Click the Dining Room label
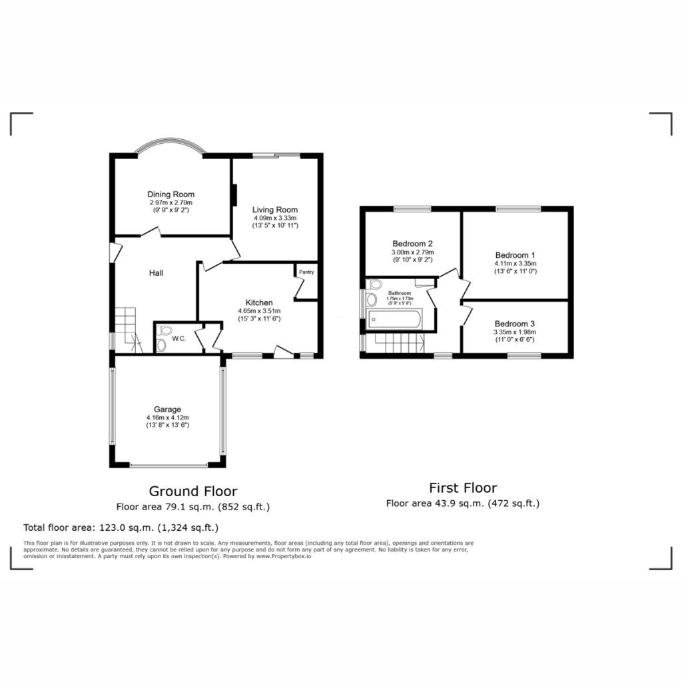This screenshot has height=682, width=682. click(171, 194)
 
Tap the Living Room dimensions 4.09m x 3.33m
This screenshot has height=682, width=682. click(274, 218)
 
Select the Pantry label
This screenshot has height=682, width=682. click(306, 272)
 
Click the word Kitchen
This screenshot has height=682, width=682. click(259, 302)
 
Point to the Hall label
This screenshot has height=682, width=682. click(156, 272)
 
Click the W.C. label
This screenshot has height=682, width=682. click(178, 338)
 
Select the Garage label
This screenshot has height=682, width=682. click(168, 410)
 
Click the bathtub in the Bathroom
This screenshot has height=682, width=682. click(394, 320)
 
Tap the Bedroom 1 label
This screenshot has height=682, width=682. click(515, 255)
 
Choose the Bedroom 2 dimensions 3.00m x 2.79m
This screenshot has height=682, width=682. click(413, 252)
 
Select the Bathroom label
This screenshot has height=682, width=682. click(400, 292)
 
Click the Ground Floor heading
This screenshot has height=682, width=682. click(192, 492)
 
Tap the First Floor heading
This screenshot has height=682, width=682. click(462, 488)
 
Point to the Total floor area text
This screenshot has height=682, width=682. click(121, 528)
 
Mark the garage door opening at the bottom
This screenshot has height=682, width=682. click(168, 465)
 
